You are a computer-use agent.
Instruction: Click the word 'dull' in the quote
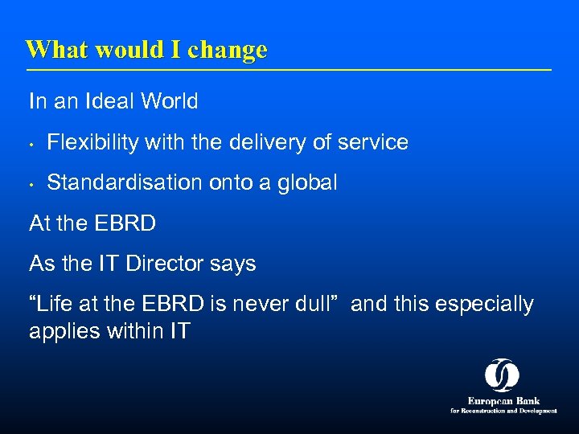(x=318, y=305)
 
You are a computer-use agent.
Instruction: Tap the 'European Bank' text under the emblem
(x=503, y=401)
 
